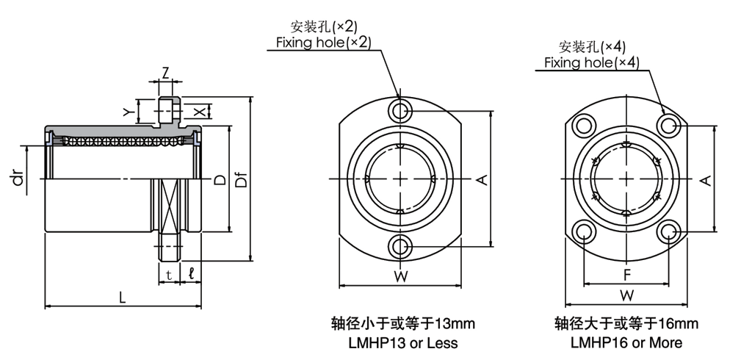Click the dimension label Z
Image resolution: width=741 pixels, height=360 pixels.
pyautogui.click(x=165, y=73)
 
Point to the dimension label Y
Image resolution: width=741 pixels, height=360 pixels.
pyautogui.click(x=126, y=112)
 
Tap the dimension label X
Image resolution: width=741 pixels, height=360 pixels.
pyautogui.click(x=200, y=112)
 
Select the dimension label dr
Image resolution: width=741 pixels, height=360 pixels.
pyautogui.click(x=18, y=178)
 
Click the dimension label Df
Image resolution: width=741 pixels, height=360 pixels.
pyautogui.click(x=242, y=179)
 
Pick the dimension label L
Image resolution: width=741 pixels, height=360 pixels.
pyautogui.click(x=123, y=298)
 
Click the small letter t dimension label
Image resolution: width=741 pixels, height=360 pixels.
pyautogui.click(x=169, y=274)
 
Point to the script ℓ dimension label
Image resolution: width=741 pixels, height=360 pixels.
pyautogui.click(x=191, y=273)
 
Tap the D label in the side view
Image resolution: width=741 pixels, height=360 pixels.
pyautogui.click(x=220, y=180)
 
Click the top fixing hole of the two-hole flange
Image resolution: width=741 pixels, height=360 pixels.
pyautogui.click(x=400, y=111)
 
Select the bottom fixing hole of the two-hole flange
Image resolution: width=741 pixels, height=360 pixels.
pyautogui.click(x=400, y=246)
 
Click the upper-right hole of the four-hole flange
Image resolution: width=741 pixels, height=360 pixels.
pyautogui.click(x=668, y=126)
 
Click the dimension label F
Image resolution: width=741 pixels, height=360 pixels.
pyautogui.click(x=626, y=274)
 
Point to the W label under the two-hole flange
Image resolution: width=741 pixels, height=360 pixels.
pyautogui.click(x=401, y=277)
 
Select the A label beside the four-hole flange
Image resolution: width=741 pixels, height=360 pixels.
pyautogui.click(x=706, y=180)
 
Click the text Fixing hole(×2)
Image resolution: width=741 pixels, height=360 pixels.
pyautogui.click(x=324, y=43)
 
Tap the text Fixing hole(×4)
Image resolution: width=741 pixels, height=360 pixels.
pyautogui.click(x=592, y=62)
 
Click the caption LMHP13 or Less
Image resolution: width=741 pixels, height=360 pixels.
pyautogui.click(x=403, y=342)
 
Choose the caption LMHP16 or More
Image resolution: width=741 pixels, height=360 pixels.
pyautogui.click(x=626, y=342)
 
